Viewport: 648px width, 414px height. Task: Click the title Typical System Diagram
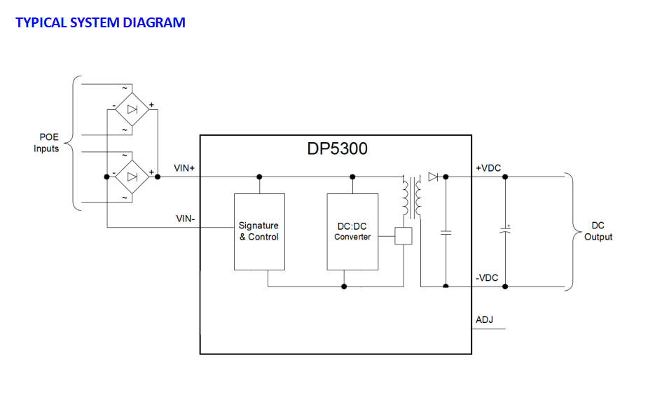[x=100, y=22]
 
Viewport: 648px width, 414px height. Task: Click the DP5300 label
[x=337, y=149]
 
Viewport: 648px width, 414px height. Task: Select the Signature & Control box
[x=259, y=231]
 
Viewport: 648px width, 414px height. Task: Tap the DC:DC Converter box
[x=352, y=231]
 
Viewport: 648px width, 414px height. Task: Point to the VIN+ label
[x=185, y=169]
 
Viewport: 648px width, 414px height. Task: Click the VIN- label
[x=185, y=219]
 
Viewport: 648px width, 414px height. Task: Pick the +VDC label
[x=488, y=168]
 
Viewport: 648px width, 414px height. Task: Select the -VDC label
[x=487, y=278]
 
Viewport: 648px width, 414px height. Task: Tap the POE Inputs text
[x=46, y=143]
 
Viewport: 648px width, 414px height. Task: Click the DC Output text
[x=598, y=231]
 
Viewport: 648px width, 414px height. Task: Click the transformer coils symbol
[x=412, y=198]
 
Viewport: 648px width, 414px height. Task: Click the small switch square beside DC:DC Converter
[x=404, y=237]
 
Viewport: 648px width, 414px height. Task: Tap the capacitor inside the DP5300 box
[x=446, y=231]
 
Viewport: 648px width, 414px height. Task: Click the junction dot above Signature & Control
[x=259, y=177]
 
